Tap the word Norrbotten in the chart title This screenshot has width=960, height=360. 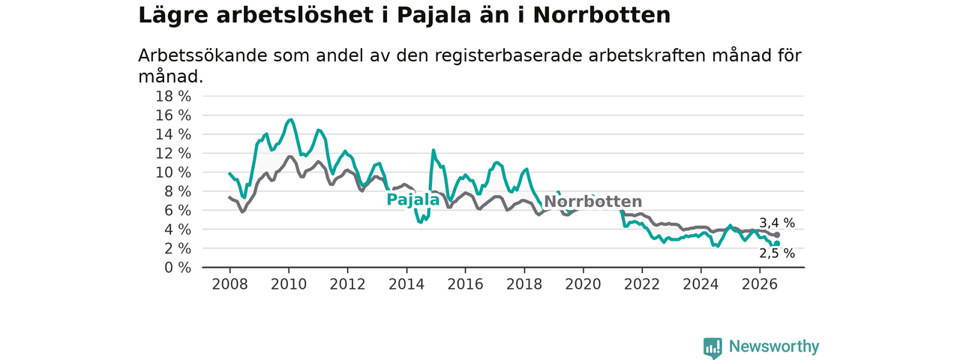[x=601, y=16]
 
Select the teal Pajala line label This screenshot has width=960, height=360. [x=413, y=199]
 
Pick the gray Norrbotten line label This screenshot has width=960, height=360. [x=593, y=202]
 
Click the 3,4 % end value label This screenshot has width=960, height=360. [x=777, y=223]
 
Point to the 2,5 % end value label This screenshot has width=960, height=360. [x=777, y=253]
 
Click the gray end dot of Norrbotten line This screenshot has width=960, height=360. [x=777, y=235]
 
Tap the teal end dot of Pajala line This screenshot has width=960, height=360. [x=777, y=244]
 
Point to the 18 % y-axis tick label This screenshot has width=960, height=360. [x=173, y=97]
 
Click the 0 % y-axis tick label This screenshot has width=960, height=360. [x=178, y=268]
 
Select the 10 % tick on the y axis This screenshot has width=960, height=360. [x=173, y=172]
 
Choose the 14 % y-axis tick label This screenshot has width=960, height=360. [x=173, y=134]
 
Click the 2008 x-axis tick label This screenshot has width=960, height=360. [x=229, y=284]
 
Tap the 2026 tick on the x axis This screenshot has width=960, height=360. [x=760, y=284]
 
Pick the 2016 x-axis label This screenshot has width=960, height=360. [x=466, y=284]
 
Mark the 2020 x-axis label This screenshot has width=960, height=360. [x=583, y=284]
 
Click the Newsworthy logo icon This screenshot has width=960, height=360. [x=712, y=347]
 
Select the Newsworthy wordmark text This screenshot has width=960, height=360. [x=774, y=346]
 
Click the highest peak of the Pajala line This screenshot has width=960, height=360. [x=292, y=119]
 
